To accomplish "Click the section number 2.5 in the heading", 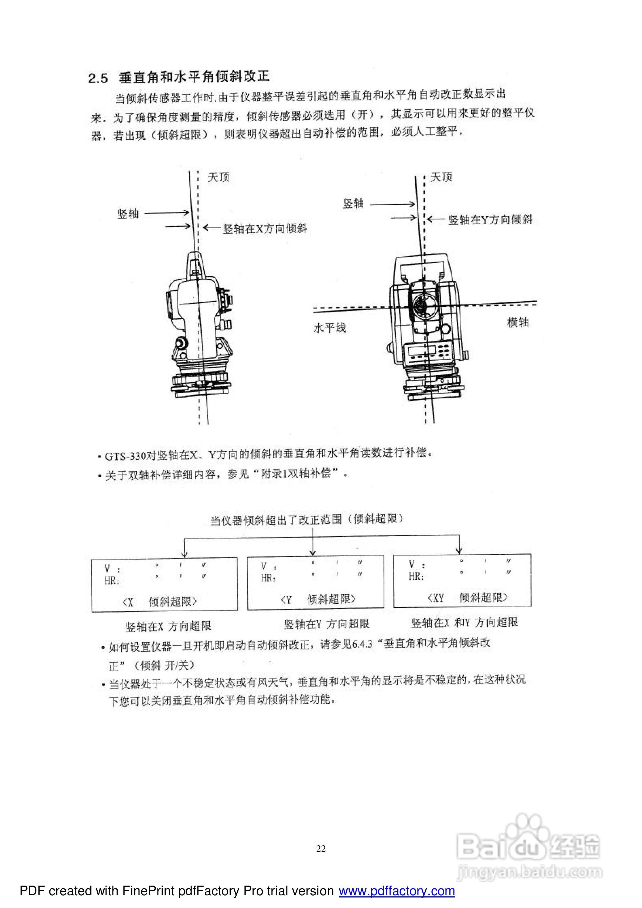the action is (98, 78).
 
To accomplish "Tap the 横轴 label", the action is (518, 322).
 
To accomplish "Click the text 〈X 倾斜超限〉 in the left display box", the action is (159, 602).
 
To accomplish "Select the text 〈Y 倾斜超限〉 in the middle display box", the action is (318, 599).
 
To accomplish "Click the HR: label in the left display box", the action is (112, 581).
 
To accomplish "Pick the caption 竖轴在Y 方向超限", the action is (327, 624).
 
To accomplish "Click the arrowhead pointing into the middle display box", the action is (313, 553).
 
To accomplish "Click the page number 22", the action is (321, 848).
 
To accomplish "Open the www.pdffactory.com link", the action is (397, 891).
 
